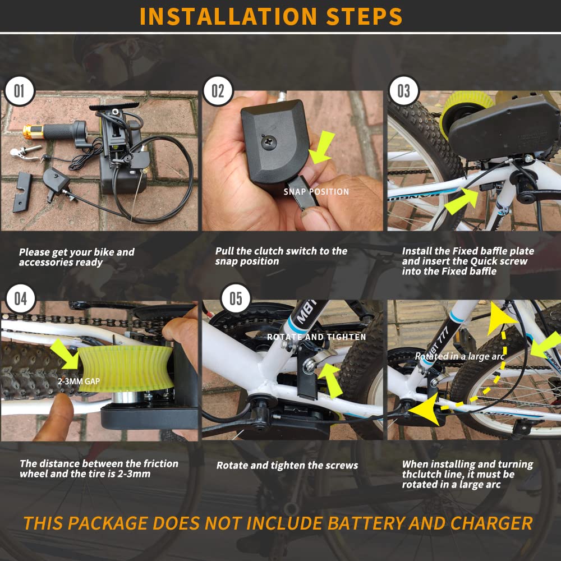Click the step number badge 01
(x=20, y=91)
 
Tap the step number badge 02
(x=218, y=91)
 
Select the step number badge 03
(x=403, y=91)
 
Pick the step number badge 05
(x=236, y=298)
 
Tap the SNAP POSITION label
(x=316, y=192)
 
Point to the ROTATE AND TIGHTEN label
(x=316, y=337)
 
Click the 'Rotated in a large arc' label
(x=459, y=356)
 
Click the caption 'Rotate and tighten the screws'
(x=287, y=465)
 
